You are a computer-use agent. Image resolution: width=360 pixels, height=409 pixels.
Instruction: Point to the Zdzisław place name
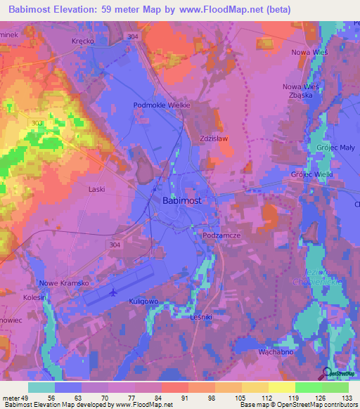pyautogui.click(x=214, y=138)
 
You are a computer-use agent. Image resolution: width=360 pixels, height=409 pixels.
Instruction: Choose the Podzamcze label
pyautogui.click(x=222, y=236)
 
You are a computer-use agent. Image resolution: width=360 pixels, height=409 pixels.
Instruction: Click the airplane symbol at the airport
pyautogui.click(x=115, y=291)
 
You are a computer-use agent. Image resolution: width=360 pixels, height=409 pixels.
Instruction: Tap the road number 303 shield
pyautogui.click(x=37, y=123)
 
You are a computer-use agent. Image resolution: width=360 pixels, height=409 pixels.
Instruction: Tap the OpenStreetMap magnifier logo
pyautogui.click(x=328, y=373)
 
